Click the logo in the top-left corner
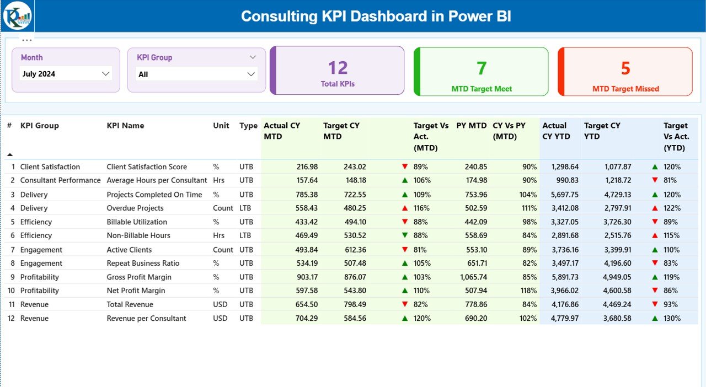point(17,16)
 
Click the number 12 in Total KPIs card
point(338,68)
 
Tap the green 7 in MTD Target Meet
point(482,68)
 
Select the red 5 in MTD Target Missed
point(625,68)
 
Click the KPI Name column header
point(125,126)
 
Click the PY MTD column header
point(471,126)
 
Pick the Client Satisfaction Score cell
point(147,167)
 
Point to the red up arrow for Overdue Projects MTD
point(405,208)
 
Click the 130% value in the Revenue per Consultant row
point(672,319)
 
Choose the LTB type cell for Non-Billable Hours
point(246,236)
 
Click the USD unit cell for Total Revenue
point(221,305)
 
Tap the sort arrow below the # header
point(9,155)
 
